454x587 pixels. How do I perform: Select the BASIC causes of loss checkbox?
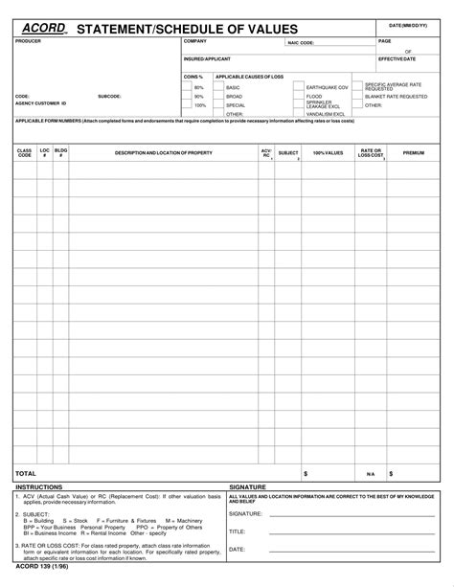[x=220, y=87]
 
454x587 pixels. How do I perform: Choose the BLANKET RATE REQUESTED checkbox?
[x=358, y=97]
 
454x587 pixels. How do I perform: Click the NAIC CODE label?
[x=301, y=43]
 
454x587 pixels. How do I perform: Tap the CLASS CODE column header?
[x=24, y=152]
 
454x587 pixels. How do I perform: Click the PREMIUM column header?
[x=414, y=152]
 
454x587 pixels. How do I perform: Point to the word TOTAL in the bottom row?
[x=26, y=473]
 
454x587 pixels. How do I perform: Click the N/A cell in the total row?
[x=370, y=474]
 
